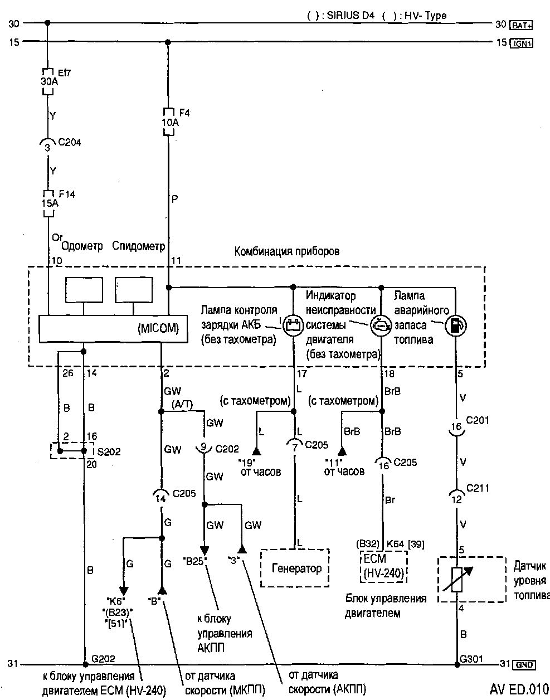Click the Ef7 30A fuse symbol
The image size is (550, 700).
(x=47, y=81)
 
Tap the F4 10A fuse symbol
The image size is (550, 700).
(x=168, y=121)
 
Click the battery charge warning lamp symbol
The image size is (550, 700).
(x=293, y=324)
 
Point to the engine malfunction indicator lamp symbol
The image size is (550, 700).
(x=381, y=324)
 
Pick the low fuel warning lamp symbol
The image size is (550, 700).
(x=456, y=325)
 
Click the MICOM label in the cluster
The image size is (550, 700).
(x=158, y=329)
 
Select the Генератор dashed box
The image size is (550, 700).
(x=295, y=568)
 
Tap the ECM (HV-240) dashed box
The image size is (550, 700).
(x=383, y=567)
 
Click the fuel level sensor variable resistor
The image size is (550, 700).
(x=457, y=579)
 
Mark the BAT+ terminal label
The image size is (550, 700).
(x=522, y=25)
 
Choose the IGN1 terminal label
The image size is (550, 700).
(x=522, y=42)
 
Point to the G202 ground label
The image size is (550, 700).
(x=103, y=658)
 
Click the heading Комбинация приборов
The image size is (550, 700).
(x=286, y=251)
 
